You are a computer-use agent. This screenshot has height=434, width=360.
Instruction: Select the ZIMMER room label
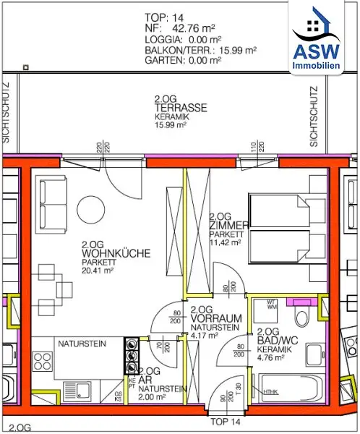228,226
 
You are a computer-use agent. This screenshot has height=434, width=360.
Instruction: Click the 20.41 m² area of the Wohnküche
98,271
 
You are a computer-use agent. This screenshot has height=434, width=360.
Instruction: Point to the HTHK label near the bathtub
271,393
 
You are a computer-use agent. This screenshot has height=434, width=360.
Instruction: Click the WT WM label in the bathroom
273,305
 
